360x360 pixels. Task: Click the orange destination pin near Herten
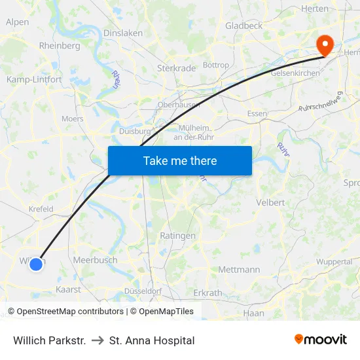[324, 45]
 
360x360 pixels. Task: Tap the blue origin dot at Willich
[36, 264]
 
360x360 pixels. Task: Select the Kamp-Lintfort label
[34, 79]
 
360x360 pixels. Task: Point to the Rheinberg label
[60, 46]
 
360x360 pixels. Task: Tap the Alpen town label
[17, 22]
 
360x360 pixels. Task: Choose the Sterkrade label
[173, 67]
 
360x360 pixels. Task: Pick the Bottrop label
[216, 65]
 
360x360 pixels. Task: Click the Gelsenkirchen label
[290, 73]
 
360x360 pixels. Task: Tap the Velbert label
[271, 202]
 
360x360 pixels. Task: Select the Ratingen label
[177, 236]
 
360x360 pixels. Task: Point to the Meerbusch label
[96, 260]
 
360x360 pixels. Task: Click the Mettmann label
[239, 269]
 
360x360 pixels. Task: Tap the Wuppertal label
[334, 261]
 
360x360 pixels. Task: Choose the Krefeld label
[41, 209]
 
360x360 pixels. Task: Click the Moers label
[73, 119]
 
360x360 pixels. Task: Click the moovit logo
[320, 340]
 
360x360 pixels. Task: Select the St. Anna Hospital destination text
[152, 340]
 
